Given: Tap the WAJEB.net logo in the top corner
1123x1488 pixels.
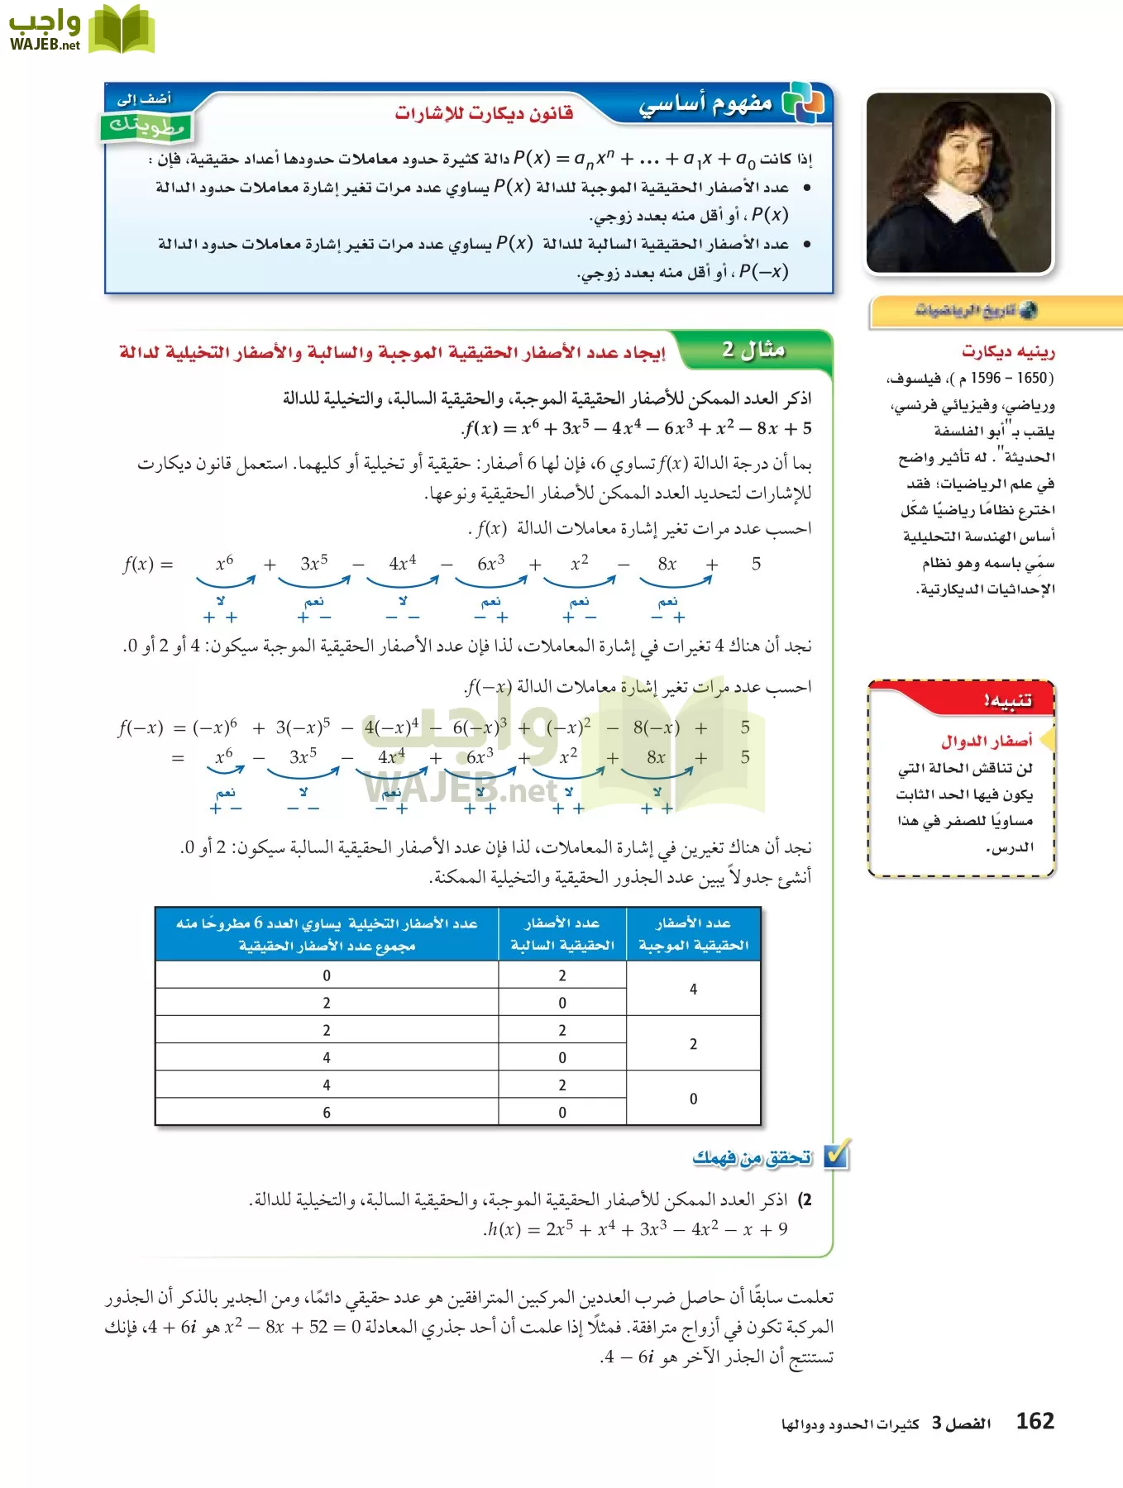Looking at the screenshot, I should click(80, 30).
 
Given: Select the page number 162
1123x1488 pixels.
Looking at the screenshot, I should click(1035, 1421).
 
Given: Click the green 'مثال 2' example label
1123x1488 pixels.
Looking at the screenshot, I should click(753, 350).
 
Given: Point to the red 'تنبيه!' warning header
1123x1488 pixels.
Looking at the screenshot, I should click(1007, 700).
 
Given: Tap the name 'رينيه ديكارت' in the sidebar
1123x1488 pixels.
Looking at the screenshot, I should click(1008, 352).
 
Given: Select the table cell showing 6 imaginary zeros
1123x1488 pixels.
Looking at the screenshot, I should click(327, 1112).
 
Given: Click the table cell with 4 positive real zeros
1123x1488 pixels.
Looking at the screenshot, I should click(693, 989).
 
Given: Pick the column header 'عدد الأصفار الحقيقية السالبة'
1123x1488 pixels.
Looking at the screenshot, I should click(562, 934).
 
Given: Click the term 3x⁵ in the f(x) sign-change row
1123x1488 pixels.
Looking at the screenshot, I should click(313, 564).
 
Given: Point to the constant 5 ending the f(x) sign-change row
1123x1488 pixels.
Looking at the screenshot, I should click(756, 564).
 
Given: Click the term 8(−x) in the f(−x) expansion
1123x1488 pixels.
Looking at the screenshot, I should click(656, 727).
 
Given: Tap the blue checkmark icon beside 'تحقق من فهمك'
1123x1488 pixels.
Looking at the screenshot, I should click(837, 1155).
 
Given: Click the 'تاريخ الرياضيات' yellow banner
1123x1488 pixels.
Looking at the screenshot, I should click(976, 311).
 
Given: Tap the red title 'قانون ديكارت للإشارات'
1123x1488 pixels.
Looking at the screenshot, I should click(484, 112).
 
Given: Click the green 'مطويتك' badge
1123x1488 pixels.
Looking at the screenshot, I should click(146, 126).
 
